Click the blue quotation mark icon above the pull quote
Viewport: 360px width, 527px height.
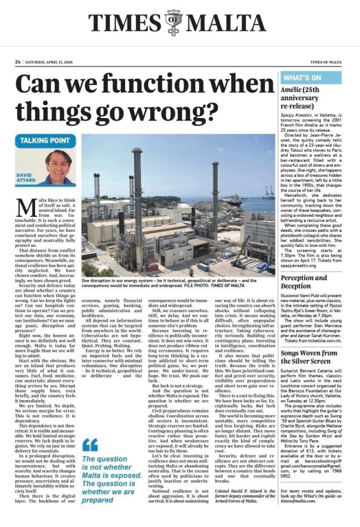[90, 444]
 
